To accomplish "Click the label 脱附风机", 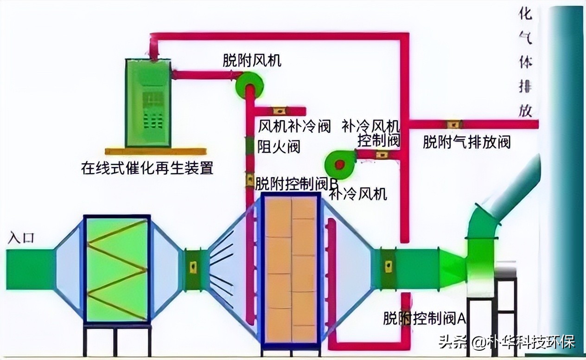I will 252,61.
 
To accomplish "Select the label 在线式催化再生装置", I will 147,167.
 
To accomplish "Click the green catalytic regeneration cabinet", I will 148,103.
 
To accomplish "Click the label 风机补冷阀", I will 294,126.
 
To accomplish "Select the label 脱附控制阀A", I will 424,318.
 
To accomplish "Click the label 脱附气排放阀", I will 466,142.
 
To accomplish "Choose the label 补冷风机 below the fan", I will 357,194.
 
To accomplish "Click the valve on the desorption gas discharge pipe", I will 453,124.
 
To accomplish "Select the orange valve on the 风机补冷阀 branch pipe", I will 279,111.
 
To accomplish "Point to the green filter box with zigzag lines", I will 117,269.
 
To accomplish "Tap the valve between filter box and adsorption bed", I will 193,267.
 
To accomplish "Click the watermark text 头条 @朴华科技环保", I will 506,342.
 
